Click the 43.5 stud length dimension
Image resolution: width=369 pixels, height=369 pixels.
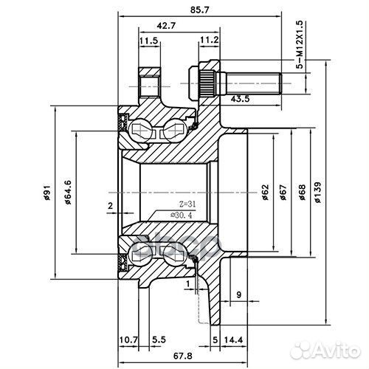pyautogui.click(x=240, y=98)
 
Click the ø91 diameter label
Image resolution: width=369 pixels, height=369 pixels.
pyautogui.click(x=46, y=193)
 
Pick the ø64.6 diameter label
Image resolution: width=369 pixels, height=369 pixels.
pyautogui.click(x=67, y=193)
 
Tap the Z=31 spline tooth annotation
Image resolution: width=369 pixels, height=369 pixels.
pyautogui.click(x=167, y=204)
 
